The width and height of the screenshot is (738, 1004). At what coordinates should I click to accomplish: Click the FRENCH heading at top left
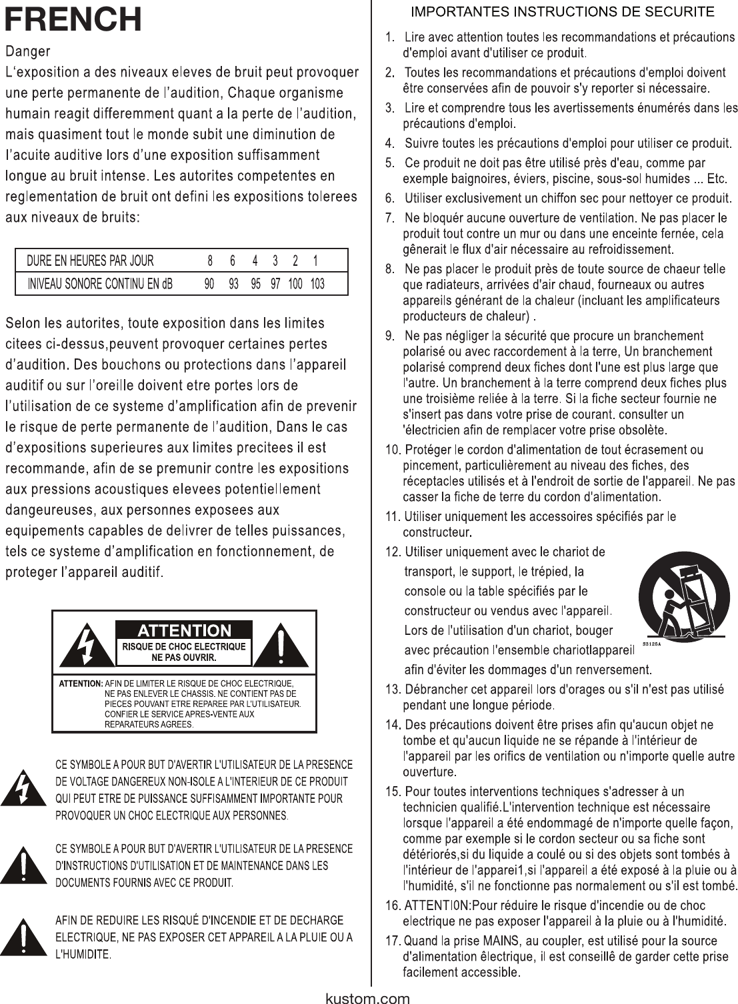click(x=73, y=20)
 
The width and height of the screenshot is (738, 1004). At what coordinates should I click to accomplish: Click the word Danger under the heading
click(x=27, y=51)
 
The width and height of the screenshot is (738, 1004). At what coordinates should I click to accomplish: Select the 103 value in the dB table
click(x=317, y=284)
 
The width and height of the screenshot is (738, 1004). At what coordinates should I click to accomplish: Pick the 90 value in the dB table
click(x=209, y=284)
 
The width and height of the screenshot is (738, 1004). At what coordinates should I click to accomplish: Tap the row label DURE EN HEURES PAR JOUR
click(x=90, y=260)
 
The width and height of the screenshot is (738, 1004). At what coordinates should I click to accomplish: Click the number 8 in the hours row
click(x=210, y=260)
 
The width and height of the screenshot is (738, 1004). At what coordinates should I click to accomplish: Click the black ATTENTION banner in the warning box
click(x=184, y=630)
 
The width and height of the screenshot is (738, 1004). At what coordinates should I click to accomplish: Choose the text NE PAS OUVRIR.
click(x=184, y=657)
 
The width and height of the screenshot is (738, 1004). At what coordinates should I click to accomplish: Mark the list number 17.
click(x=393, y=941)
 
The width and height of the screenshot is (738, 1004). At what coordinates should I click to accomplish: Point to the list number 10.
click(x=393, y=450)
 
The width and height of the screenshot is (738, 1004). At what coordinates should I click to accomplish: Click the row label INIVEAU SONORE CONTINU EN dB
click(x=100, y=284)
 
